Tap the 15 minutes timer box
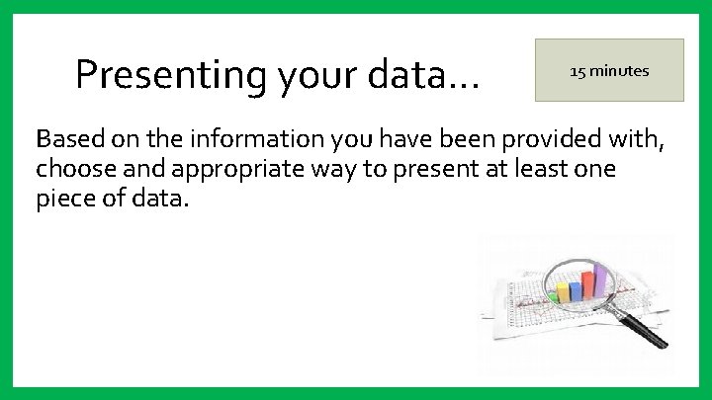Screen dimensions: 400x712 pos(609,70)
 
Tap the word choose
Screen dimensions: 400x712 pos(77,170)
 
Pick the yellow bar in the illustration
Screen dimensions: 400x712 pos(564,292)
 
